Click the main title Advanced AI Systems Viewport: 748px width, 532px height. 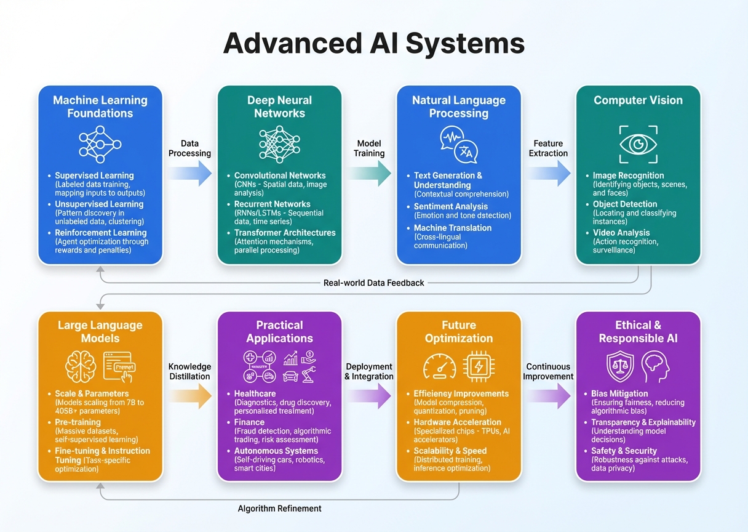(x=373, y=44)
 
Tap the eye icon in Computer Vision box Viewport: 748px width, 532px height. (x=638, y=144)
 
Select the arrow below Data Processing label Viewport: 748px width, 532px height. (x=189, y=174)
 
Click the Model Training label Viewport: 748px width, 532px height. (x=370, y=148)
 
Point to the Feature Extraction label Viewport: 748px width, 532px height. (x=548, y=148)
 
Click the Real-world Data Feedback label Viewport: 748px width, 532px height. (x=373, y=283)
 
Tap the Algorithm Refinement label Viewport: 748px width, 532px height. (x=279, y=508)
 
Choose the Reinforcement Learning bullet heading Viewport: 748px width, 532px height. (x=100, y=233)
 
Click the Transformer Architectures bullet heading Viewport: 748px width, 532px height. (x=285, y=233)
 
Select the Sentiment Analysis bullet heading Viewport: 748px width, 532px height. (x=450, y=206)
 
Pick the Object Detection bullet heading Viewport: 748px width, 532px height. (x=625, y=204)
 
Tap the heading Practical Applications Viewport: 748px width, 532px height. (x=279, y=331)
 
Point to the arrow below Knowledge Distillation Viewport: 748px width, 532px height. (x=190, y=396)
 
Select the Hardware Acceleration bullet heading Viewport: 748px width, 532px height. (x=457, y=422)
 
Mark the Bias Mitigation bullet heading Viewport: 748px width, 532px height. (x=619, y=393)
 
